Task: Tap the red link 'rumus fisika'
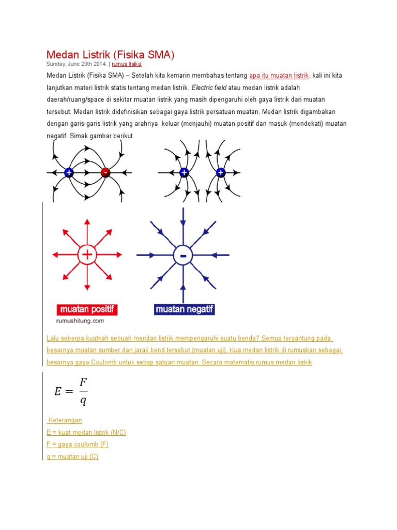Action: [x=127, y=64]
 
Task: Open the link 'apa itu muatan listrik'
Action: [x=279, y=76]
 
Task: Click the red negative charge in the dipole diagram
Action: [x=105, y=172]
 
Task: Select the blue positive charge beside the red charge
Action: [x=69, y=172]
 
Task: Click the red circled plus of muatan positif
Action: [x=87, y=254]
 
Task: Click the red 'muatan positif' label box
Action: [x=87, y=310]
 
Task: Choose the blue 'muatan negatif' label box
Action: [x=184, y=310]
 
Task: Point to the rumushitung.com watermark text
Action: [x=78, y=321]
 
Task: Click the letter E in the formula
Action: [x=58, y=391]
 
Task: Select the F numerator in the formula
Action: [x=83, y=382]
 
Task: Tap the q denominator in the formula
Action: [x=83, y=401]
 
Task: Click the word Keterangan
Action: [x=65, y=420]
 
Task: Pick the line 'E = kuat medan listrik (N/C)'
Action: [x=86, y=432]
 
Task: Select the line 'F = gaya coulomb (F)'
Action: [x=78, y=444]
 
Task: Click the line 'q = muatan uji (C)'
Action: [x=72, y=457]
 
